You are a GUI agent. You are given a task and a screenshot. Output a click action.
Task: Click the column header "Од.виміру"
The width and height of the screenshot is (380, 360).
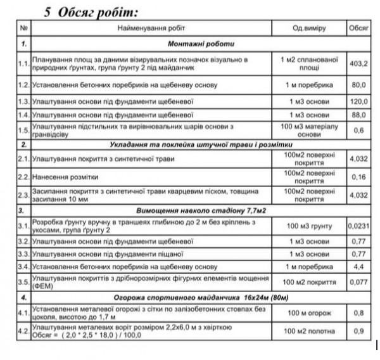[x=308, y=29]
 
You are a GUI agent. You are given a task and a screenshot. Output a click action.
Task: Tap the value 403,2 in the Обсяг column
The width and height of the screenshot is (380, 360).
[x=358, y=63]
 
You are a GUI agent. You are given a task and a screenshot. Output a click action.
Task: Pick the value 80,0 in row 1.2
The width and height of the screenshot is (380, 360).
[x=358, y=84]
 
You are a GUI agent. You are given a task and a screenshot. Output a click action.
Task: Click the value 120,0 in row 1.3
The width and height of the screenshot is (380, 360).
[x=358, y=101]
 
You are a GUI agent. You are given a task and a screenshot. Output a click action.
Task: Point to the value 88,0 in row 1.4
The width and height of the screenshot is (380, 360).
[x=358, y=115]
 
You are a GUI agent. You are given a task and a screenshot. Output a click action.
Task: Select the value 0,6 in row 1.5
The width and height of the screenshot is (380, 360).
[x=358, y=131]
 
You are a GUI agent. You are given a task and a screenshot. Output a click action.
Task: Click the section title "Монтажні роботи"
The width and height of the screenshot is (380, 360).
[x=201, y=44]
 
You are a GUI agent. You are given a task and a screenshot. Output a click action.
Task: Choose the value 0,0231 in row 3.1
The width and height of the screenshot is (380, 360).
[x=358, y=225]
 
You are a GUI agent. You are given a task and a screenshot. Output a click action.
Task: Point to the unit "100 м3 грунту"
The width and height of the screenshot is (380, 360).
[x=308, y=225]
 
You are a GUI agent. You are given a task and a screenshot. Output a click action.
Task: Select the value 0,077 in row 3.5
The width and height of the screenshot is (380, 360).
[x=358, y=281]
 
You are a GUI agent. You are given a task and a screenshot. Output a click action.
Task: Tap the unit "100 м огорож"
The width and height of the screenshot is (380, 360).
[x=308, y=312]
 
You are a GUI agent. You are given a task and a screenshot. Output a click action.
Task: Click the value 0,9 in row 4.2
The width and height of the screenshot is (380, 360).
[x=358, y=330]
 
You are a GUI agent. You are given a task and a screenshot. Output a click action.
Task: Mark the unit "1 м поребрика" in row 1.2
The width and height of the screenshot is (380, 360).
[x=308, y=84]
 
